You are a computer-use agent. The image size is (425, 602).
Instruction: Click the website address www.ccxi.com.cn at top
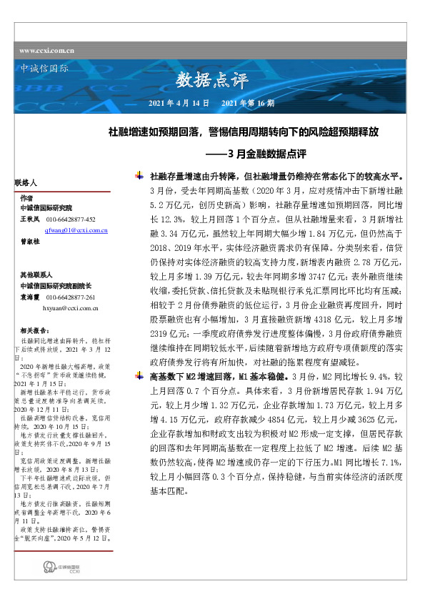tap(47, 51)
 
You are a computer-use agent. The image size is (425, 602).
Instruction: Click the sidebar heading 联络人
tap(24, 183)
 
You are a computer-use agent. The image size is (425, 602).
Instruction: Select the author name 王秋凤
tap(29, 219)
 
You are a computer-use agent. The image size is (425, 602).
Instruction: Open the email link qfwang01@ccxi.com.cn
tap(76, 231)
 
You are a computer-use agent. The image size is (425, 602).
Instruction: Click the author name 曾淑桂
tap(29, 242)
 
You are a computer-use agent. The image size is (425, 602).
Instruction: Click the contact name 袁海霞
tap(29, 297)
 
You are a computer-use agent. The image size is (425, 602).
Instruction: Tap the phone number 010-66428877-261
tap(71, 297)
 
